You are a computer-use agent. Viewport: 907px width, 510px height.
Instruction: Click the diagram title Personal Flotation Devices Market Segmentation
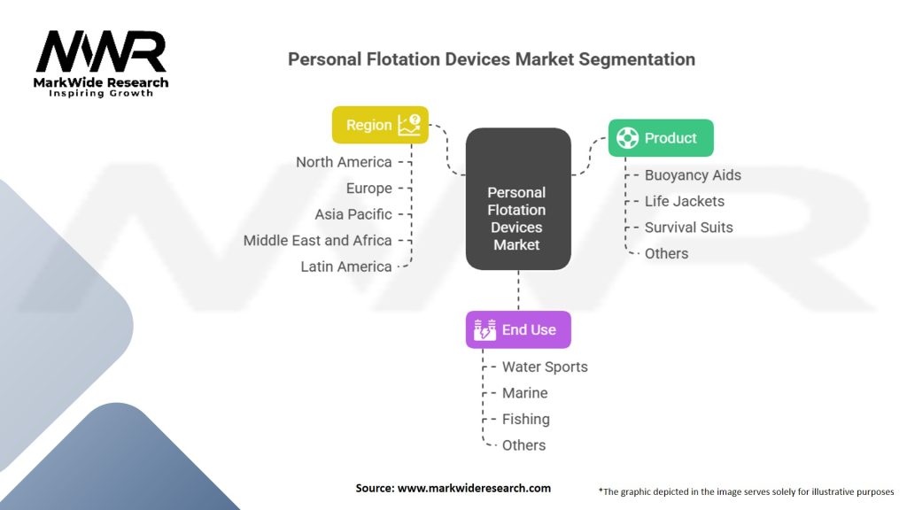492,59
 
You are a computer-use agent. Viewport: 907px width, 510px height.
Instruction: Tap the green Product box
660,138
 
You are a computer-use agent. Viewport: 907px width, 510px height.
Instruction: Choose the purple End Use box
518,330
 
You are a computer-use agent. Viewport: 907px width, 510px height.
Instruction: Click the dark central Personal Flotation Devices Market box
517,218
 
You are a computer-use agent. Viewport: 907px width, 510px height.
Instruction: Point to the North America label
344,162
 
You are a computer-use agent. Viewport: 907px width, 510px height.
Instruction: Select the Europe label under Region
368,189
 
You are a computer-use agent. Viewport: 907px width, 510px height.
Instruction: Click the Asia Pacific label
353,214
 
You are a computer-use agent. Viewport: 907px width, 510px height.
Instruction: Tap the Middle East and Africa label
317,241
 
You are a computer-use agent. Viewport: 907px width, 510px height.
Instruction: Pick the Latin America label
345,267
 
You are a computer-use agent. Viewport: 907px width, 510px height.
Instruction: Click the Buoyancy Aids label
693,175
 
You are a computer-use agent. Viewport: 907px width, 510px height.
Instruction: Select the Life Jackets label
684,201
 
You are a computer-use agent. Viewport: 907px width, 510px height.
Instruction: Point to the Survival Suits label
688,228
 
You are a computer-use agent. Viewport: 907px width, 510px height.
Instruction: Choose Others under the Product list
666,253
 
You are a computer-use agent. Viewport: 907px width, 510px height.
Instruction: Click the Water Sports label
545,367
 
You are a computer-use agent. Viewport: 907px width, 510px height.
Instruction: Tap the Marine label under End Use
524,393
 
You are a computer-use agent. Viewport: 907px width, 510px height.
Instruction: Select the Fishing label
525,419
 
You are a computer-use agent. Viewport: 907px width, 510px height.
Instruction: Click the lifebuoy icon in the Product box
627,138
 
